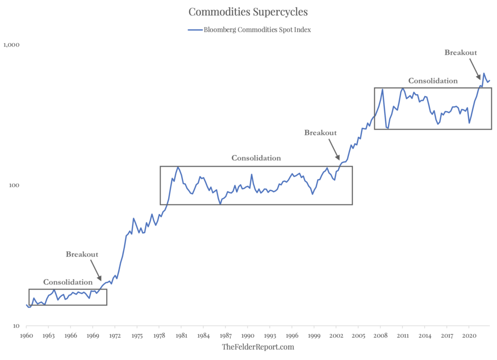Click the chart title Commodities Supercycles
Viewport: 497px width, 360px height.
tap(248, 11)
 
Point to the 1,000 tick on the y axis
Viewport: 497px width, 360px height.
tap(11, 45)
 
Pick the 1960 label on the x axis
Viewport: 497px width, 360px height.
tap(26, 335)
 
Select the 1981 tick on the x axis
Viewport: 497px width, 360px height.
tap(181, 335)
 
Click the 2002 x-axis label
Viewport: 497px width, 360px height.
tap(336, 335)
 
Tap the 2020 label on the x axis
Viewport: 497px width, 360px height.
tap(469, 335)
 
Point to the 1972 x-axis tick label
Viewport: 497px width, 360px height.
tap(115, 335)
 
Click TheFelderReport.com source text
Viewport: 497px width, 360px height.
tap(258, 347)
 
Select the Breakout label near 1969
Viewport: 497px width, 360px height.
tap(82, 255)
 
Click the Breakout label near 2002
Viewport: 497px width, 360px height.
tap(320, 133)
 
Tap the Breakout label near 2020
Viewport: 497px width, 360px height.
tap(461, 52)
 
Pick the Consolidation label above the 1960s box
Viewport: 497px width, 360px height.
tap(67, 282)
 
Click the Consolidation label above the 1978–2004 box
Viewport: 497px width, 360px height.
tap(256, 158)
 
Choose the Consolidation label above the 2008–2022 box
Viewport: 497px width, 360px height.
tap(432, 81)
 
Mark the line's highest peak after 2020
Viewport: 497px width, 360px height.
tap(483, 73)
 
